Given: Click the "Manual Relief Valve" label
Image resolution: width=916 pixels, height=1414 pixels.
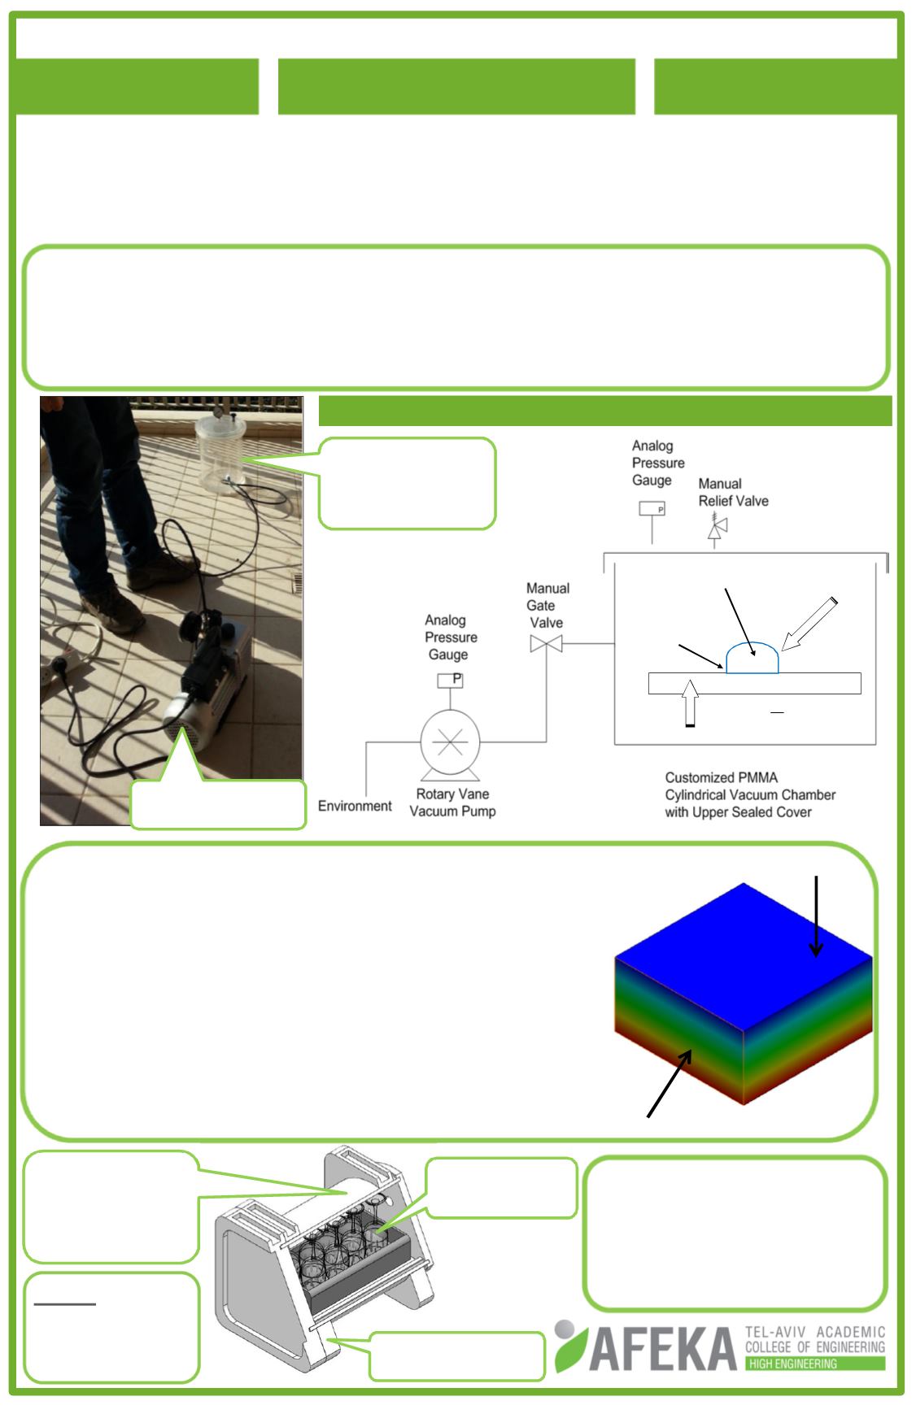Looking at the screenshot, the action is [733, 492].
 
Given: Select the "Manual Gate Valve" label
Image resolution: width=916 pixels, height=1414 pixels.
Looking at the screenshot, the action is [547, 605].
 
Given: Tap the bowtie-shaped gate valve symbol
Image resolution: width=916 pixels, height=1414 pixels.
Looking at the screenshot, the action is [546, 644].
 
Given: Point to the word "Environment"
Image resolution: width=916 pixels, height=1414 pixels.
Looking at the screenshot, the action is [355, 806].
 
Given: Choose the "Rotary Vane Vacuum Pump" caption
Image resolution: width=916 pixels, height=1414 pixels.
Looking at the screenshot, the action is [452, 803].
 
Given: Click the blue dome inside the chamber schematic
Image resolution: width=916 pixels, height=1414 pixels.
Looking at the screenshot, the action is [752, 658].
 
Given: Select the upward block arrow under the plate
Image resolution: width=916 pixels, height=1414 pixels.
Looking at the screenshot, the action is [690, 702].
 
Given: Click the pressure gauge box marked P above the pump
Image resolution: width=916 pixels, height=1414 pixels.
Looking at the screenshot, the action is [450, 679].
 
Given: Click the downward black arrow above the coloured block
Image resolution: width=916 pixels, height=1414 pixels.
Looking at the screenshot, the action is [816, 916].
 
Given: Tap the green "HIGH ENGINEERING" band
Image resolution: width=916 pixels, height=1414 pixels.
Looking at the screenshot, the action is [815, 1363].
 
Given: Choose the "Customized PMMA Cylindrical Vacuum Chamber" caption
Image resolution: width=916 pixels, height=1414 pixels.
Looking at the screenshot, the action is [750, 794].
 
